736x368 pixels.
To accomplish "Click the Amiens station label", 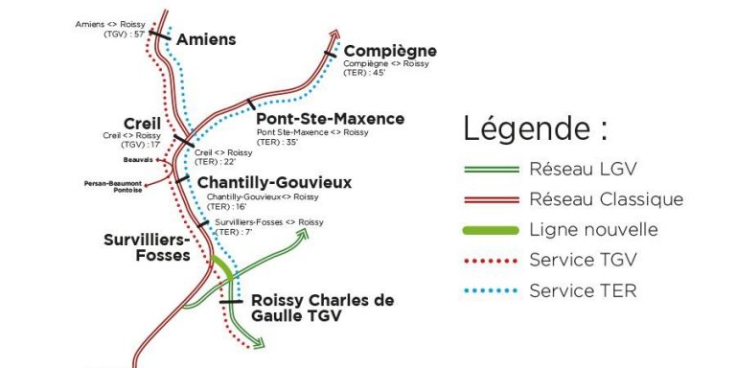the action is pos(206,39).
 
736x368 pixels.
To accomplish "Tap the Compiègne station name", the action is pos(390,51).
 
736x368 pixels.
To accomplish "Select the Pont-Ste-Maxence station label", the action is pos(330,119).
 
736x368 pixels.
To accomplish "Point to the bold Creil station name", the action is pos(143,123).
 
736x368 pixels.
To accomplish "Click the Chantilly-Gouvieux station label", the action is pos(274,182).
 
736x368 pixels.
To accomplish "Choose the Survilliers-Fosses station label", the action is pos(147,247).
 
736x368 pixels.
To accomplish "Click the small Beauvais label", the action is pos(140,160).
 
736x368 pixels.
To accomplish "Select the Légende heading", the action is pos(535,128).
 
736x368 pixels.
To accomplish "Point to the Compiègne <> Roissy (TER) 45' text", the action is pos(386,67).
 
